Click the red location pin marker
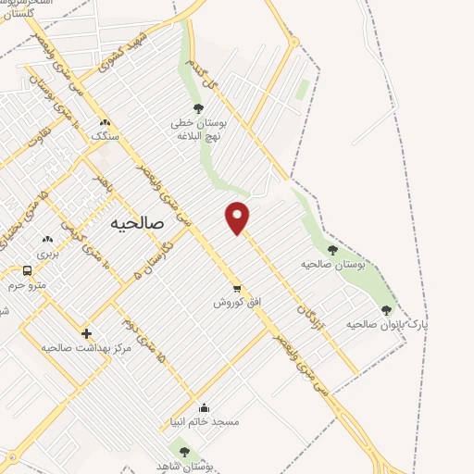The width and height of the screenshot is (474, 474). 238,217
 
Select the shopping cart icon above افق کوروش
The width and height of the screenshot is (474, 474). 237,288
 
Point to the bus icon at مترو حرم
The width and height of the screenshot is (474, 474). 27,271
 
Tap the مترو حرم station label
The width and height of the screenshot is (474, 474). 28,285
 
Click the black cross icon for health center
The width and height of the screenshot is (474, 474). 86,333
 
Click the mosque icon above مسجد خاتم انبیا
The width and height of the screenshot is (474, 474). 204,407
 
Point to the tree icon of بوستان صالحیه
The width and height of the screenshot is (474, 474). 332,250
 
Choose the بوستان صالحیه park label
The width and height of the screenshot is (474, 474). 333,264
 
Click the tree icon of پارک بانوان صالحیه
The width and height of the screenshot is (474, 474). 386,310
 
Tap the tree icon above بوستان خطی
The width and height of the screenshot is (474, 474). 198,108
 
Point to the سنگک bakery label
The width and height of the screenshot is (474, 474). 105,136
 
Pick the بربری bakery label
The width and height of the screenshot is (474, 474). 47,253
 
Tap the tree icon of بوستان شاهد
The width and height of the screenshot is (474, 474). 184,452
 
